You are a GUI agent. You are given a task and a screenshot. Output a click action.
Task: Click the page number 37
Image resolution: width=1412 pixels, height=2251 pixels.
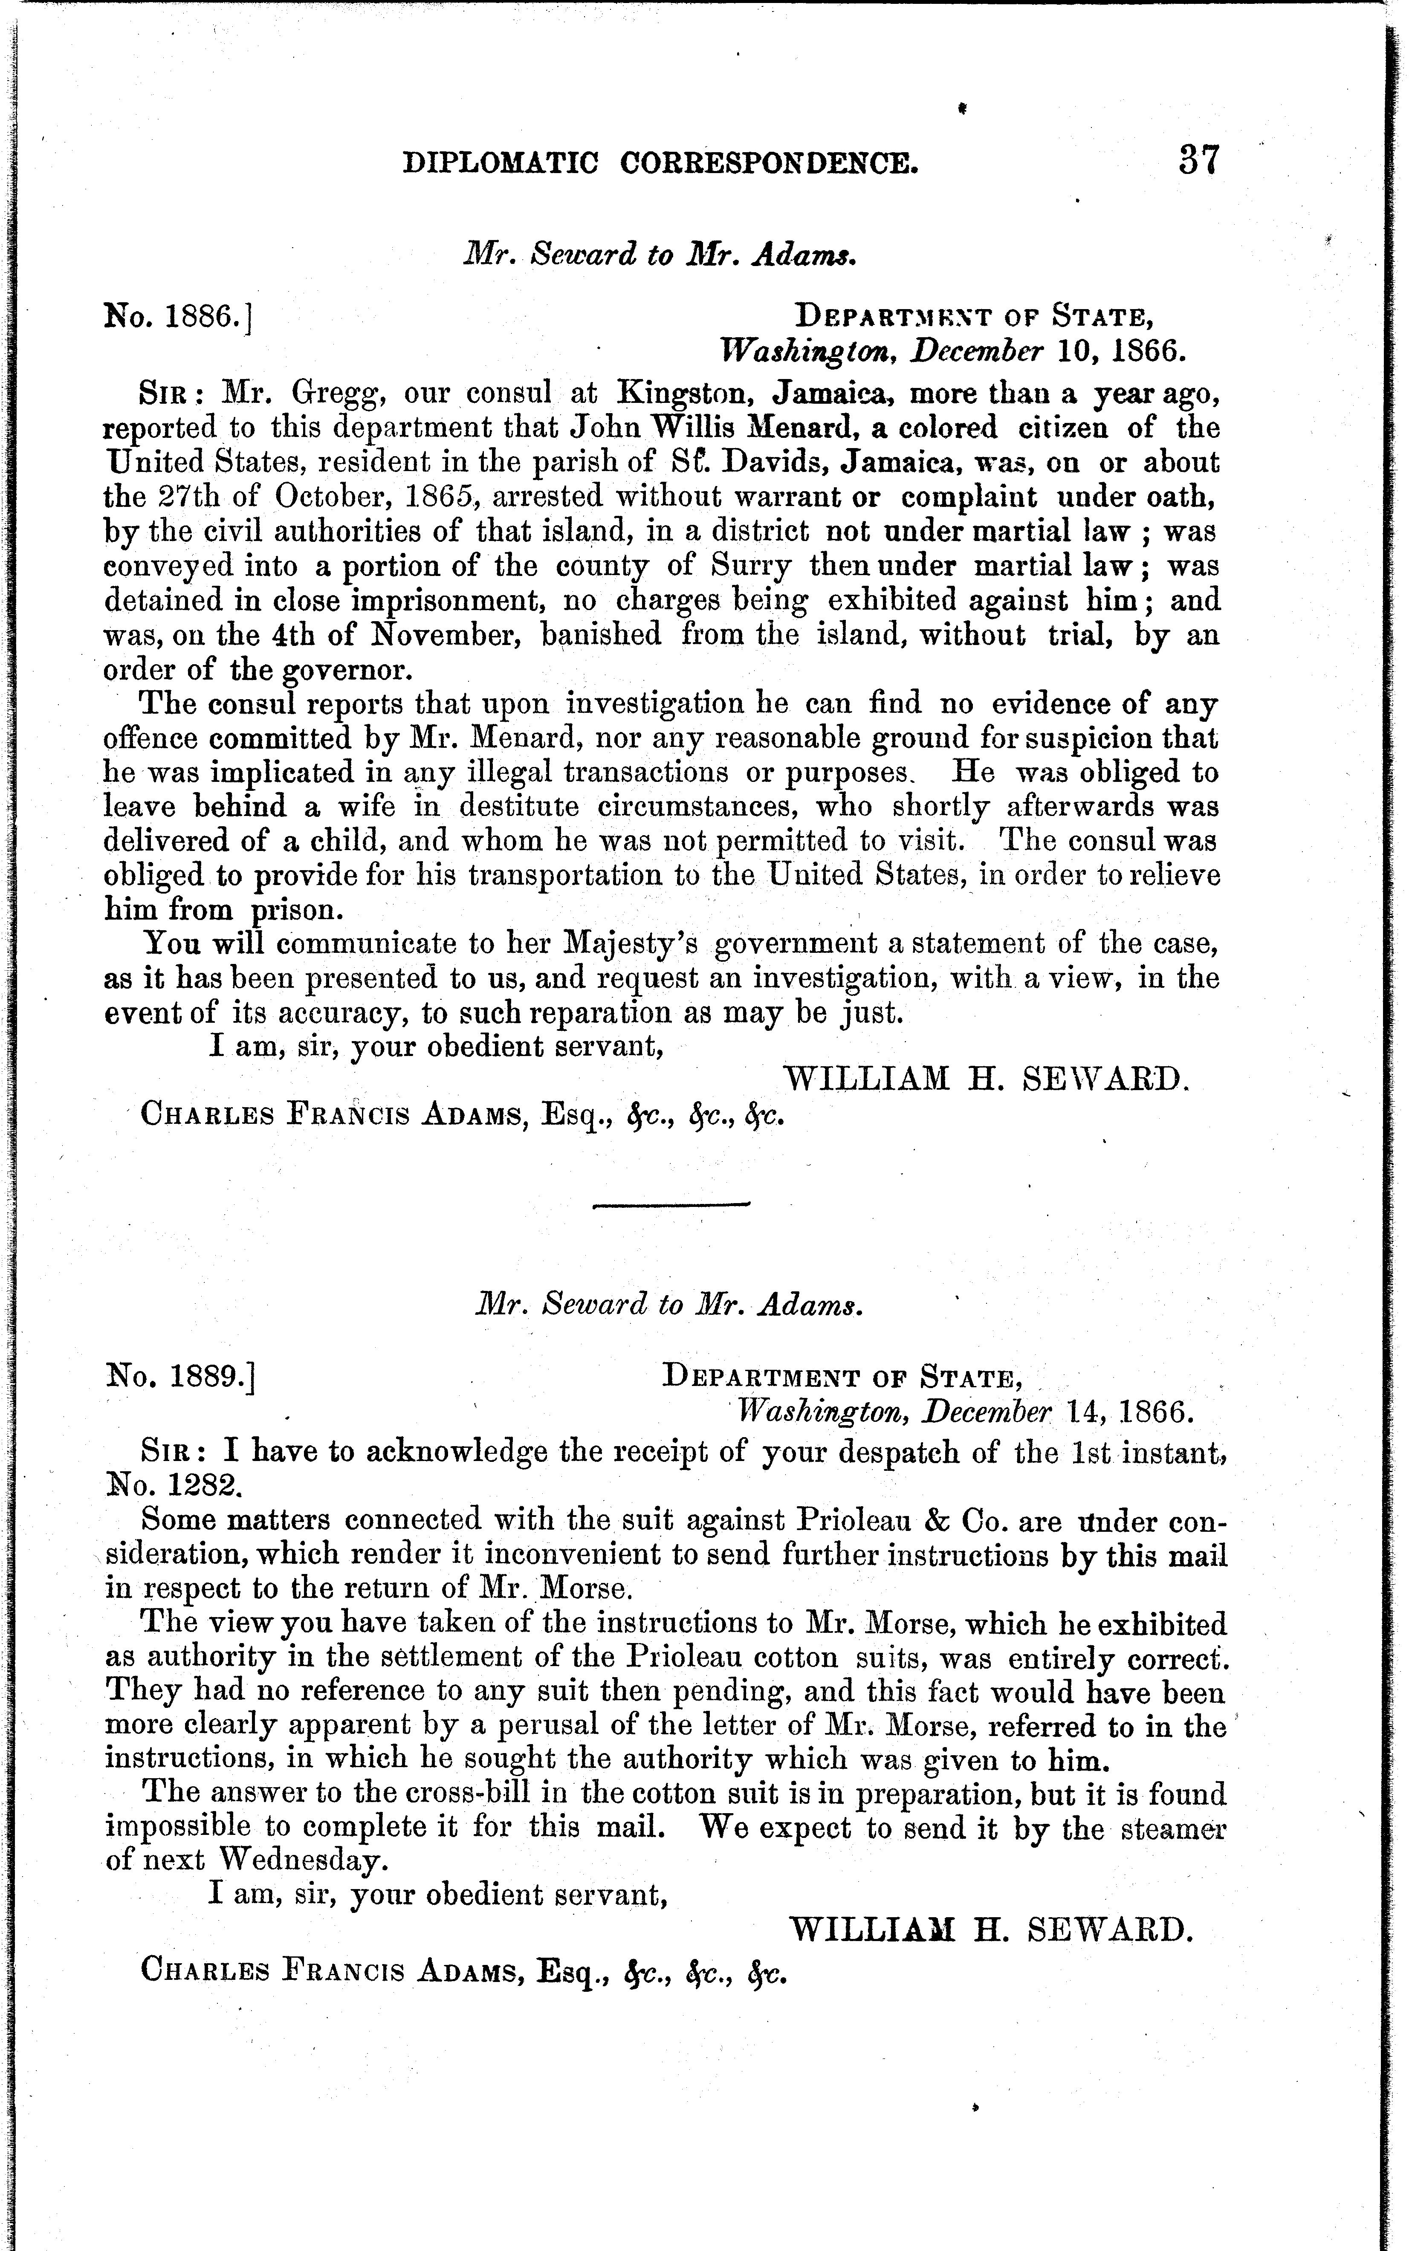(1198, 161)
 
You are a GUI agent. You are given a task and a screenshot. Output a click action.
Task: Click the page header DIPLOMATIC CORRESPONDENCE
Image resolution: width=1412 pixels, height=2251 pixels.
(660, 164)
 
